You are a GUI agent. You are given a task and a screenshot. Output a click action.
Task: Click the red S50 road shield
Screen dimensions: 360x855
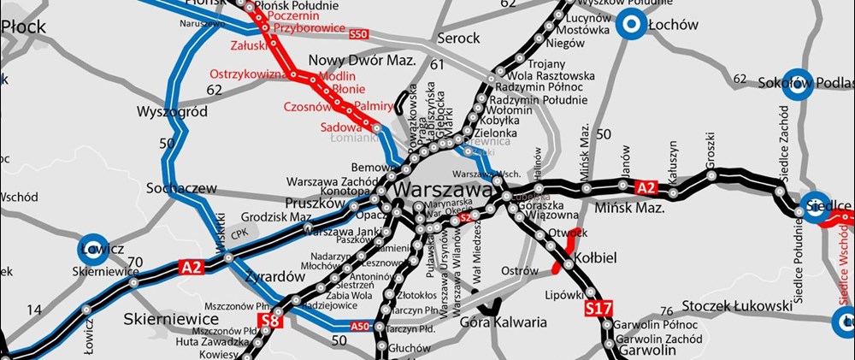coord(358,33)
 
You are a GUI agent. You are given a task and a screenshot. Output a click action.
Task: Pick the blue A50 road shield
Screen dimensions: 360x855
coord(363,326)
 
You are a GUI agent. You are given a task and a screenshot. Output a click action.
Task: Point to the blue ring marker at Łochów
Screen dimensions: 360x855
coord(632,25)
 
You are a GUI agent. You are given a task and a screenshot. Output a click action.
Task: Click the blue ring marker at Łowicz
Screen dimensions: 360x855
coord(93,245)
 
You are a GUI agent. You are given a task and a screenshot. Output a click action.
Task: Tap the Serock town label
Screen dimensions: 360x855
coord(459,38)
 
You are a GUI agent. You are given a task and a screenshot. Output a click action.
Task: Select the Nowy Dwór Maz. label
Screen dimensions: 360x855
coord(361,61)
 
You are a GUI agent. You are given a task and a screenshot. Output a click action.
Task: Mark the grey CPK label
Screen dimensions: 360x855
coord(244,232)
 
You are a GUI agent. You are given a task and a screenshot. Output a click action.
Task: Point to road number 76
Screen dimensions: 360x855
coord(668,311)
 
